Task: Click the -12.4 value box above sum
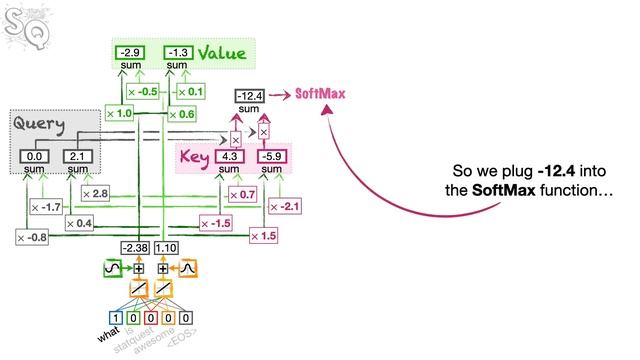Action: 249,96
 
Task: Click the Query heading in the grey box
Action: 39,125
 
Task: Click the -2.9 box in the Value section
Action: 128,52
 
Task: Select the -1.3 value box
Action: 177,52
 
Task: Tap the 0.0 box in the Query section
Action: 36,157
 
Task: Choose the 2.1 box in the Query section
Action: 77,157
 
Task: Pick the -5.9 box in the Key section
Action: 271,157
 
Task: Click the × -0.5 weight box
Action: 143,92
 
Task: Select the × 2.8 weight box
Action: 95,192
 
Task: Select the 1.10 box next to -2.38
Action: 166,248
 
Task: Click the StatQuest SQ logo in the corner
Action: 21,20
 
